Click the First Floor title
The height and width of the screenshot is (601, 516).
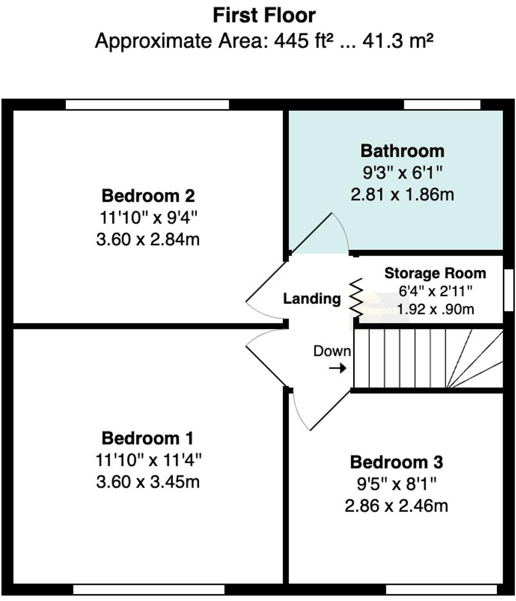(264, 16)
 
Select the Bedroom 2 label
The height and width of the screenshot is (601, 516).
(148, 196)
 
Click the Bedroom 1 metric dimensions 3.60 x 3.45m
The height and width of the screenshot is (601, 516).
(148, 482)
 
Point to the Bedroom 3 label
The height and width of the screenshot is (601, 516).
(396, 462)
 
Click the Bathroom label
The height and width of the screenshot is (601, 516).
(402, 151)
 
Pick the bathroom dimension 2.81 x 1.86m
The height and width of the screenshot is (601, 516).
(402, 195)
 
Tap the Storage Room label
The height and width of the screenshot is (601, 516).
(435, 273)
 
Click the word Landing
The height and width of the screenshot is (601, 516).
(312, 299)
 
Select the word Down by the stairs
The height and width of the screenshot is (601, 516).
(332, 351)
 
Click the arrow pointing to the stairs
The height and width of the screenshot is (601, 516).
(337, 368)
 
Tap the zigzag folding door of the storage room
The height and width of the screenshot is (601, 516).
(356, 298)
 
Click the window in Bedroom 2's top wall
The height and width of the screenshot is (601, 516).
(147, 105)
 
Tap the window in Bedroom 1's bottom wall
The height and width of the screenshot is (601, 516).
(149, 590)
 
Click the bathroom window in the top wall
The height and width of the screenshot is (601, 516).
(442, 105)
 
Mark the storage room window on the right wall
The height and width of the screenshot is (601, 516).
(508, 290)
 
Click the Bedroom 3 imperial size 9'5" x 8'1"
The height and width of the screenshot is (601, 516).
(396, 484)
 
